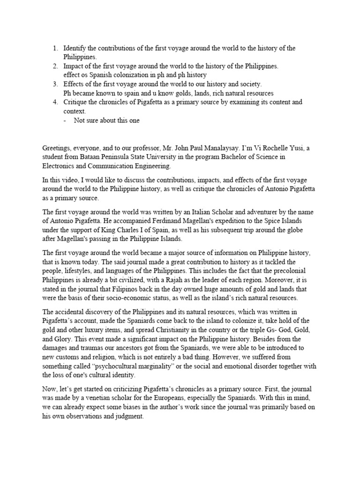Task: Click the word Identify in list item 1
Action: click(75, 48)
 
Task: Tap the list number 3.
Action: click(55, 84)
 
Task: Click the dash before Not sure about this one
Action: click(65, 120)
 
